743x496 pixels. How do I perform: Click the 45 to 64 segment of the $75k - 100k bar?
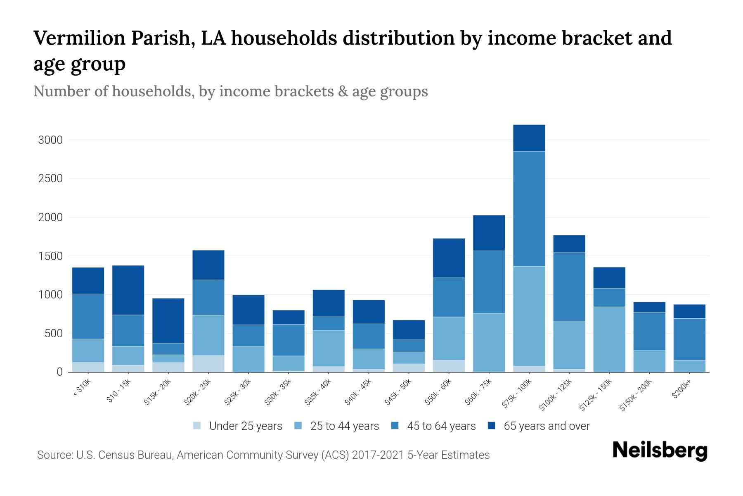tap(529, 209)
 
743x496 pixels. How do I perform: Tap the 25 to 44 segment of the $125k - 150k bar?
tap(609, 339)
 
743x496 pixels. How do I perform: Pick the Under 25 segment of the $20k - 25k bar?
tap(208, 363)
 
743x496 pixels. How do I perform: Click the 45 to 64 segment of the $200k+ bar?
tap(689, 339)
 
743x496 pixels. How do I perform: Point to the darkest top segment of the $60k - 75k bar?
tap(489, 233)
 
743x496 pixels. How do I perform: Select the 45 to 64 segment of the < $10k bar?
tap(88, 316)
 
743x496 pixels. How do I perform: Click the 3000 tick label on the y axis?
tap(50, 140)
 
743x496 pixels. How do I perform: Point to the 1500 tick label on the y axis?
tap(50, 256)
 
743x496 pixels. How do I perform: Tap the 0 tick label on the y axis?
tap(59, 372)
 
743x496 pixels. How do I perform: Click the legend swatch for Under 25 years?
tap(197, 426)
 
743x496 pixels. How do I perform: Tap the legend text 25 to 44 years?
tap(344, 426)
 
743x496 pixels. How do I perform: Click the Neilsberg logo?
tap(660, 451)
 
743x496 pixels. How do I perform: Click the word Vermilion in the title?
tap(79, 38)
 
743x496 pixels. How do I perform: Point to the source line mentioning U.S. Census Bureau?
tap(263, 455)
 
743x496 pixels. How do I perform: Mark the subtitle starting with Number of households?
tap(230, 91)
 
